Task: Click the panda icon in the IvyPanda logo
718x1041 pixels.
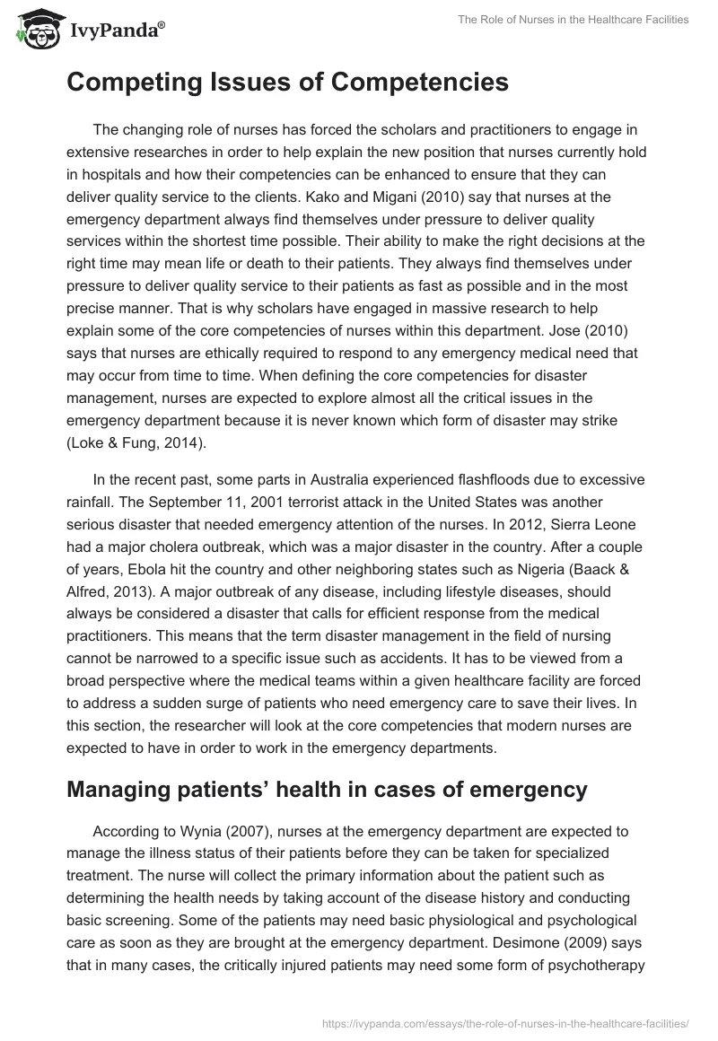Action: coord(35,30)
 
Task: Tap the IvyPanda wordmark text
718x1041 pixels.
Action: coord(115,32)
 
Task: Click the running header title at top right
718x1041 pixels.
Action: coord(574,20)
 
